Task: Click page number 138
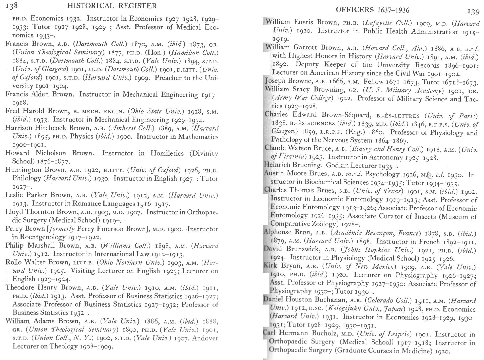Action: (x=11, y=6)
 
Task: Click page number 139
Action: (x=473, y=12)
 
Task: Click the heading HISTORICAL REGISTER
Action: (x=112, y=6)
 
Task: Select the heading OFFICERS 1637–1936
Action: (x=372, y=10)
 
